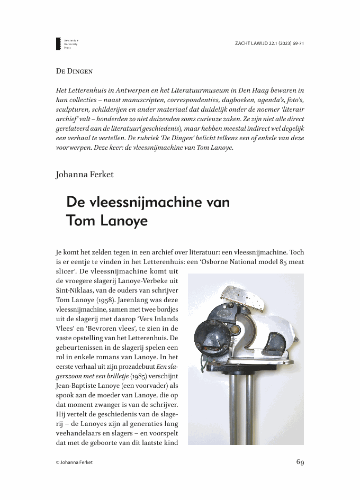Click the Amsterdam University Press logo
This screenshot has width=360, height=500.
59,44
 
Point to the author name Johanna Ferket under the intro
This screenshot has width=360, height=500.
85,174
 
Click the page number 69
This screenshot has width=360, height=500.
300,462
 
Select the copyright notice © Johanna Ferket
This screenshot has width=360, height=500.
75,462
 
